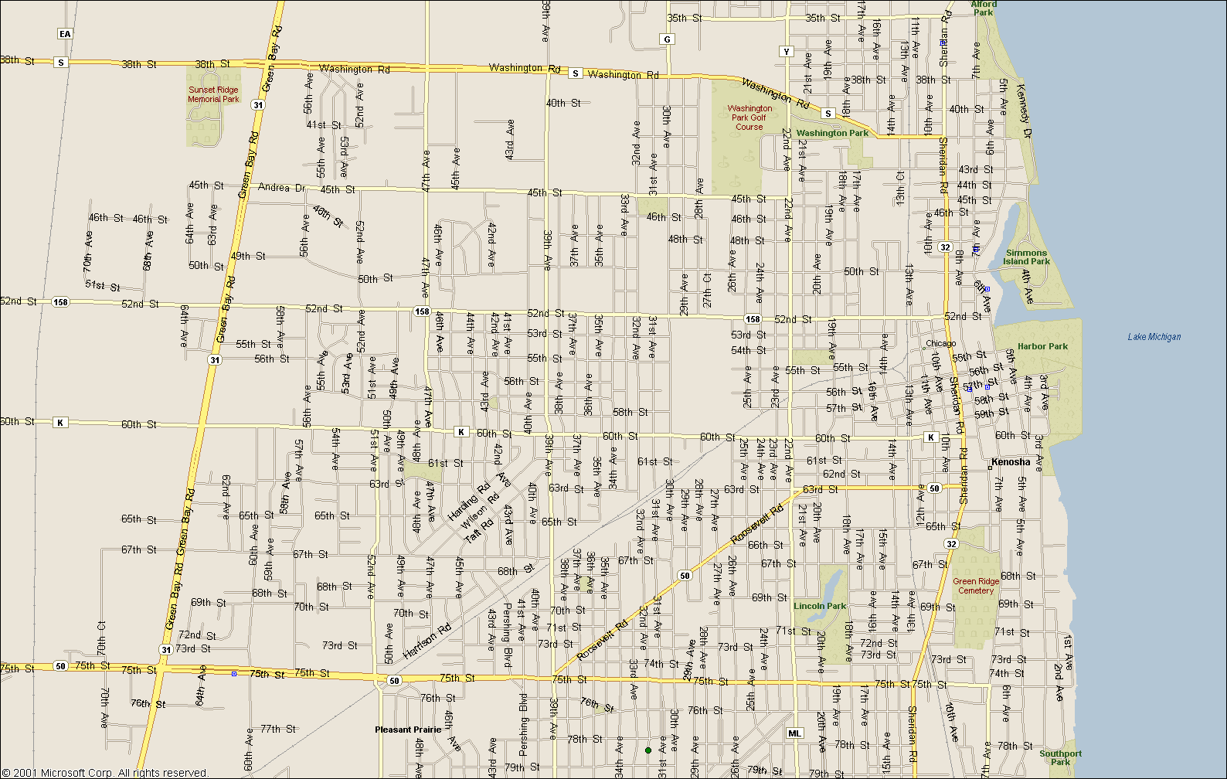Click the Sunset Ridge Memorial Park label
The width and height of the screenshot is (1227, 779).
click(214, 94)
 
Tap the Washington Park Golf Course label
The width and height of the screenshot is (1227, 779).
click(749, 117)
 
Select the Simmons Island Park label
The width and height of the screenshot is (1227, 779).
click(1026, 257)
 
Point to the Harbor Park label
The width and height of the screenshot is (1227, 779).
click(1042, 346)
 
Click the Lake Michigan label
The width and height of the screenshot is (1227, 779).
click(1154, 337)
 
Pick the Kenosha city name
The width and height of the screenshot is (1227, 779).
click(1011, 462)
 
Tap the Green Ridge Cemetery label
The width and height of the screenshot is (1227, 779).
click(976, 586)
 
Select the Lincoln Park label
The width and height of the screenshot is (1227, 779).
click(820, 606)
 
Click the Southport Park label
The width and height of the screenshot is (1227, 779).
click(1060, 757)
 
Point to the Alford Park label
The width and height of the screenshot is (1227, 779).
click(984, 8)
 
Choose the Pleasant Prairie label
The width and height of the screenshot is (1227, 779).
click(408, 730)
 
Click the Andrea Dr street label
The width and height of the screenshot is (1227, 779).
click(281, 188)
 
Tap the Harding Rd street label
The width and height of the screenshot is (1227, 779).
click(468, 501)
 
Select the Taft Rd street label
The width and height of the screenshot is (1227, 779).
click(478, 531)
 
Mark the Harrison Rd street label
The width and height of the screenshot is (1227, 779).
click(427, 641)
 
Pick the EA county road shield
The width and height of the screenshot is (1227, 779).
click(65, 33)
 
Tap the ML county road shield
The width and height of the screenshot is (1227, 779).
click(794, 733)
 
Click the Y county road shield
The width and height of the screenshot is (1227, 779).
click(787, 52)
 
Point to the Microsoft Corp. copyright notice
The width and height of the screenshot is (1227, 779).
click(105, 772)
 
